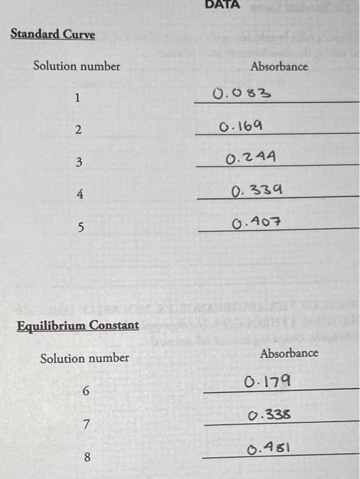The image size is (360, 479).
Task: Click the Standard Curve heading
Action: coord(53,34)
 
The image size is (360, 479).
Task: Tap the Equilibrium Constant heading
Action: coord(77,325)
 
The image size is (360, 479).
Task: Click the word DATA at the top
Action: coord(222,4)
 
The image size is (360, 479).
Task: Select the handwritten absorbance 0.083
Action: coord(242,93)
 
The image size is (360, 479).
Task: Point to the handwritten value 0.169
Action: coord(239,127)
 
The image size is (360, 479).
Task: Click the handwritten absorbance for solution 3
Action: coord(250,159)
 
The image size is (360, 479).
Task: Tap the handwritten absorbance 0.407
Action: coord(257,222)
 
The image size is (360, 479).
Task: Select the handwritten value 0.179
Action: coord(266,380)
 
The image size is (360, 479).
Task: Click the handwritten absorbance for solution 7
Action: coord(268,414)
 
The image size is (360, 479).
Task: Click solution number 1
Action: coord(77,99)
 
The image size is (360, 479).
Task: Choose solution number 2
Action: coord(78,130)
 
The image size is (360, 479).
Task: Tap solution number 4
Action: coord(79,194)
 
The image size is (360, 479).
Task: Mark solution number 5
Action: coord(80,227)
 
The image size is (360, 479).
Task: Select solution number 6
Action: coord(86,391)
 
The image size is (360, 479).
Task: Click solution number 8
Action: coord(87,457)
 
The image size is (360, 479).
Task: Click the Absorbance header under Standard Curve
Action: coord(279,66)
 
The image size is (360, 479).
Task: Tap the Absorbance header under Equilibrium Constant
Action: coord(289,353)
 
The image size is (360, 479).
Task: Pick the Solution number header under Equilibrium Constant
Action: coord(84,358)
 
